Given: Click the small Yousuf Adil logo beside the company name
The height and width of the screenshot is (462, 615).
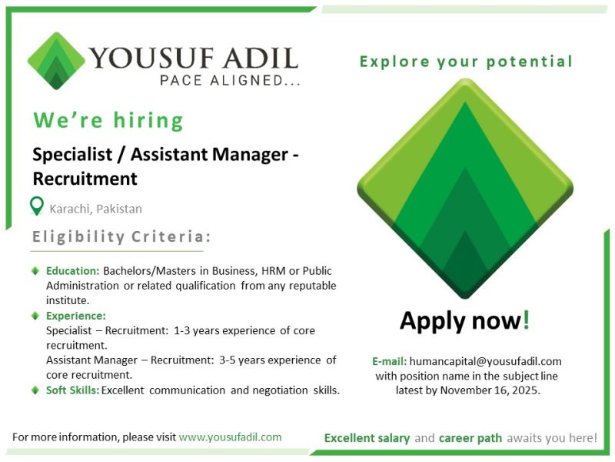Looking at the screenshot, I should (56, 61).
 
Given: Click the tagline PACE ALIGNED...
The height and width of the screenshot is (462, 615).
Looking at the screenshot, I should (230, 79).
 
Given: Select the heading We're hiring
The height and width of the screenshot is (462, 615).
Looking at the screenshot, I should (108, 121).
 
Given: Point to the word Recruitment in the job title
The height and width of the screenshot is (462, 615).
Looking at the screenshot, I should (85, 179).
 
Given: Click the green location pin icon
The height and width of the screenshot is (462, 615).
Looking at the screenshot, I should (36, 206).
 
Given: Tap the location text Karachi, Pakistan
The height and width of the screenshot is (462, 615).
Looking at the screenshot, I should (96, 209).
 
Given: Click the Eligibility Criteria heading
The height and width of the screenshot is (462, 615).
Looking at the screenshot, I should (121, 237).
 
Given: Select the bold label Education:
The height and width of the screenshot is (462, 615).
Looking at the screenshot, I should (73, 271).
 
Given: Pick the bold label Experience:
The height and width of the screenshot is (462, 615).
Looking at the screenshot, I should (76, 316).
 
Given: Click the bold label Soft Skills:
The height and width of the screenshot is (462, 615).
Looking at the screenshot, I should (72, 390).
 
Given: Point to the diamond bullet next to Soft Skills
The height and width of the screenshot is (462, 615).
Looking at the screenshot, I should (35, 390).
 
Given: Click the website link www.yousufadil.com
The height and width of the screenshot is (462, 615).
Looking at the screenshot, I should (230, 437).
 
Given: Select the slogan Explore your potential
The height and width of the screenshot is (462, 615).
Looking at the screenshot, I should (466, 62).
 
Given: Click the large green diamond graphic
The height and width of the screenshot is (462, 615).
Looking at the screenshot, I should (465, 189).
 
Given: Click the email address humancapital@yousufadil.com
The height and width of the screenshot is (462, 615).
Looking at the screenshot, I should (486, 361).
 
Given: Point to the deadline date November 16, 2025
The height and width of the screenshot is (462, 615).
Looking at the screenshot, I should (494, 390).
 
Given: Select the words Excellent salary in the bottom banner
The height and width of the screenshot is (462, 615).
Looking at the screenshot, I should (367, 438).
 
